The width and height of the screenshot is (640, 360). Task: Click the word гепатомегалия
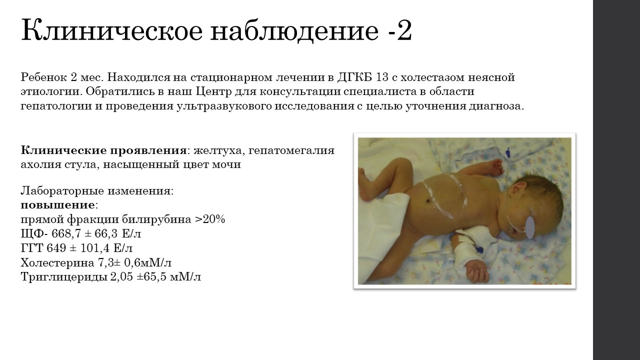click(x=291, y=150)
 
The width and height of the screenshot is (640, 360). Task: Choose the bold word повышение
click(x=57, y=205)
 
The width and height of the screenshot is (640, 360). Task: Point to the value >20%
click(x=210, y=219)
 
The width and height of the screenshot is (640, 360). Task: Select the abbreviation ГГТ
click(x=31, y=248)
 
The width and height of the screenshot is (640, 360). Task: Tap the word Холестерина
click(x=57, y=262)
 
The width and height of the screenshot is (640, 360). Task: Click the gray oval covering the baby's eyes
click(x=530, y=227)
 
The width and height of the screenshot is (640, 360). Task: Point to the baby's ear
click(x=519, y=191)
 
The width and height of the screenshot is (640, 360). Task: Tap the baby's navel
click(x=427, y=201)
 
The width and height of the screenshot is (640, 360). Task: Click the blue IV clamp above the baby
click(x=509, y=152)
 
